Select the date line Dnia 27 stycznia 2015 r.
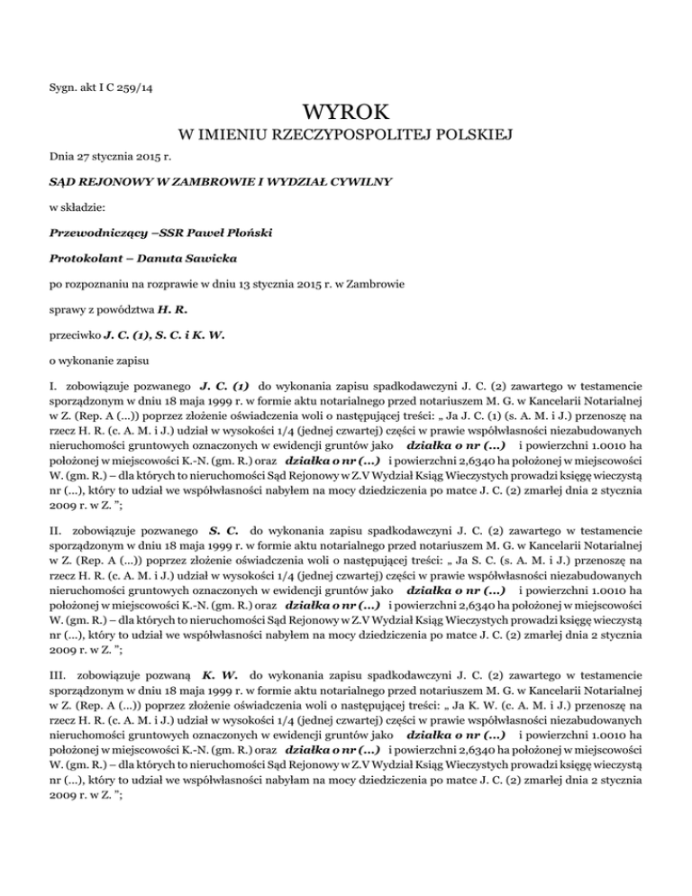[104, 157]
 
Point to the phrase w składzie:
[77, 206]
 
